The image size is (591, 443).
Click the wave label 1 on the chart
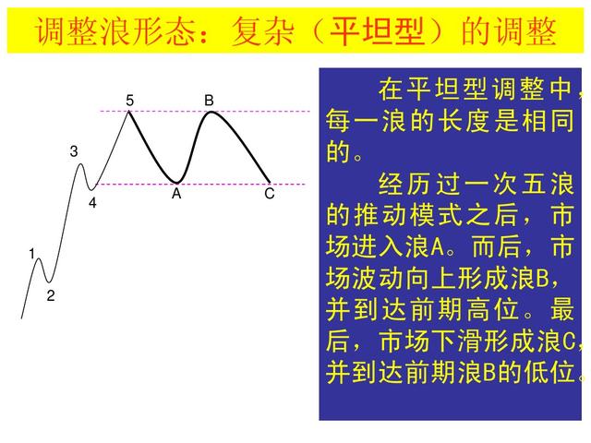[x=31, y=253]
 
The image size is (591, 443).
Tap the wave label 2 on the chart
[x=51, y=296]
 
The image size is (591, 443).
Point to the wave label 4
[x=92, y=202]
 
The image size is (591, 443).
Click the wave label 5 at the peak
[x=130, y=100]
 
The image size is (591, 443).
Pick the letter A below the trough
[x=176, y=195]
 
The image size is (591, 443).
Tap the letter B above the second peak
[x=210, y=100]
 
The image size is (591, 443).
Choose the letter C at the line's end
[x=270, y=195]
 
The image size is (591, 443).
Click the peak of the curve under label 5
[x=129, y=113]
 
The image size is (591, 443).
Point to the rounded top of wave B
[x=212, y=113]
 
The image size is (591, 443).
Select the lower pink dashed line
[x=231, y=185]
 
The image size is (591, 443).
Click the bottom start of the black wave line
[x=22, y=317]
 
